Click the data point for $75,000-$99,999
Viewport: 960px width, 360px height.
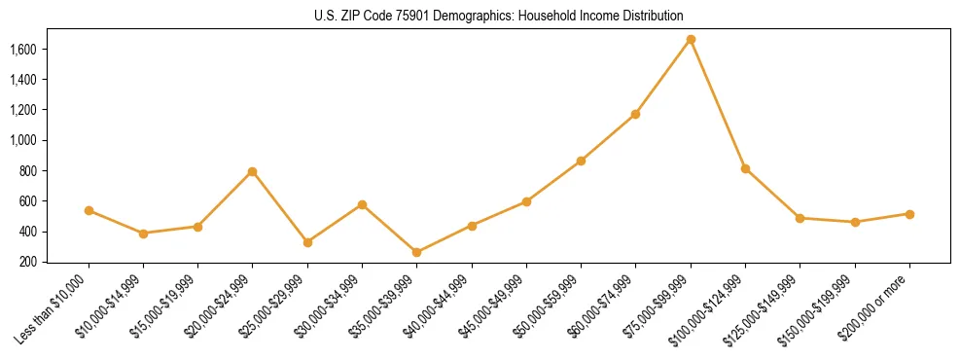(691, 40)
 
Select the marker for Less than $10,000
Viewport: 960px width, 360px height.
(89, 210)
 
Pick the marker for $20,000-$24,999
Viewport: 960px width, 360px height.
(253, 171)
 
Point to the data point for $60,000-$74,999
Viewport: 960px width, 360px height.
(635, 114)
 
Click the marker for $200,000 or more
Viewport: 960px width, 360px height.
(909, 214)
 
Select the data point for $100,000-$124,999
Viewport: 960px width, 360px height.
(745, 168)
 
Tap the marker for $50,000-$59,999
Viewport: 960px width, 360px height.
(581, 161)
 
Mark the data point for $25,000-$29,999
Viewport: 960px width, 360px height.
(307, 242)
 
